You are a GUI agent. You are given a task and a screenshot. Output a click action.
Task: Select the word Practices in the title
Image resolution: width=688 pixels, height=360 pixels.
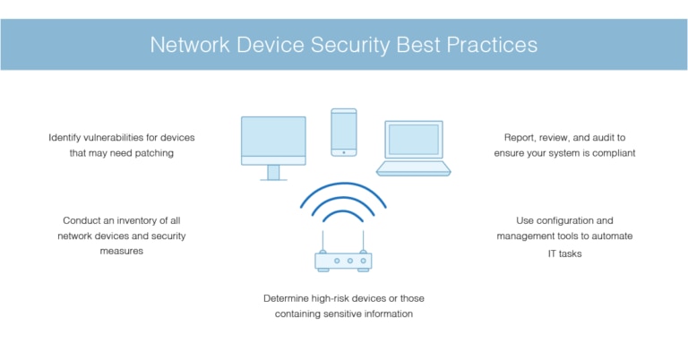click(495, 44)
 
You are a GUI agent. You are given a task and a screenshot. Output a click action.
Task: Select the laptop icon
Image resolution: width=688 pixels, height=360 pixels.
click(414, 149)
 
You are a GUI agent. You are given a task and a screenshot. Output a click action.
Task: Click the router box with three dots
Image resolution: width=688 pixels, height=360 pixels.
click(343, 261)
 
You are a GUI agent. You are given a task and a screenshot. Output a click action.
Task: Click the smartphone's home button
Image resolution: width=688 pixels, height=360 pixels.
click(343, 152)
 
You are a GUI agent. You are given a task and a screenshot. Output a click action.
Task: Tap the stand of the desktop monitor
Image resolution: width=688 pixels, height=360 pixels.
click(273, 173)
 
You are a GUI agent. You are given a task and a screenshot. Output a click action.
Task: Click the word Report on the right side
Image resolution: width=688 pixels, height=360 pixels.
click(521, 137)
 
